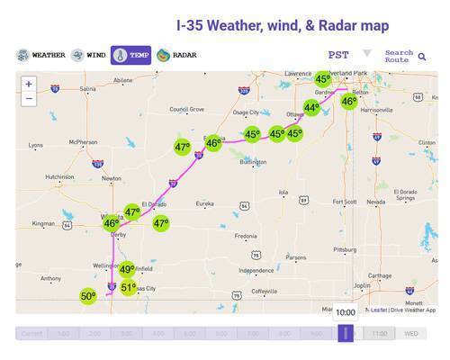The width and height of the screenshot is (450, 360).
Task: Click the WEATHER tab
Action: [41, 56]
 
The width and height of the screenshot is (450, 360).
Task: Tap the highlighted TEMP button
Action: [130, 56]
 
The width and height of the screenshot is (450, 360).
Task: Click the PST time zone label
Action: [338, 55]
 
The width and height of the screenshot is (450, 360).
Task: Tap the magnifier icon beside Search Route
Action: [422, 57]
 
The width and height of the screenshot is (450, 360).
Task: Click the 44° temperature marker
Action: [311, 108]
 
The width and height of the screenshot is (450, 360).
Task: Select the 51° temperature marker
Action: [129, 288]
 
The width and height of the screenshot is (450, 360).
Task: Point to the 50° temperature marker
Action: [88, 295]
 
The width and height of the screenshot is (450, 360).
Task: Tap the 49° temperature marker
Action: [127, 269]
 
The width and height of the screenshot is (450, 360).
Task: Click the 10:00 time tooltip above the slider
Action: [346, 311]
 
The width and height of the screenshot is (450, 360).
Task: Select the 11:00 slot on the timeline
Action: [379, 333]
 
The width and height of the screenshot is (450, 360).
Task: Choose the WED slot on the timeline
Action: [410, 333]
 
